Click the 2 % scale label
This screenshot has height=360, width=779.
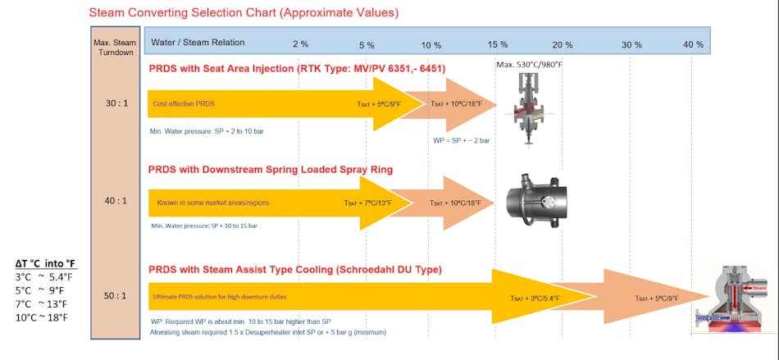(300, 43)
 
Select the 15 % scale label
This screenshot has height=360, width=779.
(498, 43)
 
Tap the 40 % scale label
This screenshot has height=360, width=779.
(694, 43)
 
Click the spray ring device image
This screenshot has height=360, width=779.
(535, 200)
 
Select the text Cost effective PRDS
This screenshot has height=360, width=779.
(183, 103)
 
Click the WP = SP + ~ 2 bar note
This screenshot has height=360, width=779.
(461, 141)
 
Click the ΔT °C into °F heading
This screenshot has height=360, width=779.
(46, 263)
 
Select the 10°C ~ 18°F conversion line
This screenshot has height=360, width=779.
(46, 317)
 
